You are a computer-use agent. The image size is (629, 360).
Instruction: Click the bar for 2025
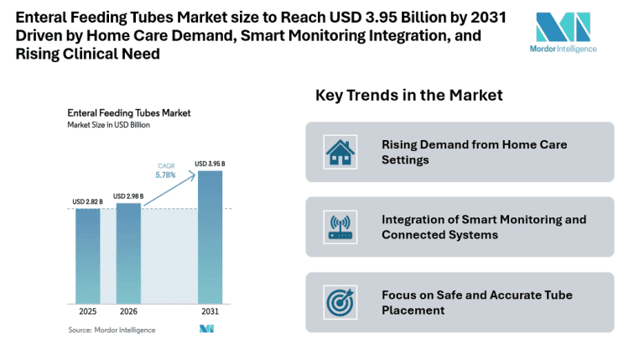88,255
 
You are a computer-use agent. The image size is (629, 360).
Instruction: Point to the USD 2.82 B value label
88,202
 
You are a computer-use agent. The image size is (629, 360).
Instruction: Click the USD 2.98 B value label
128,196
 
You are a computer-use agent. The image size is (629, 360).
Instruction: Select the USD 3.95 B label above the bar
210,164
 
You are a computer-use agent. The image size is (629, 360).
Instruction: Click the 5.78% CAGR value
166,175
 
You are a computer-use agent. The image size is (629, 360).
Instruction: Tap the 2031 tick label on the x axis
210,310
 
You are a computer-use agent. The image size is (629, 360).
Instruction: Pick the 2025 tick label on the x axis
88,310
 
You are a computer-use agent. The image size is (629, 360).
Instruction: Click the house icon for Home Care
340,152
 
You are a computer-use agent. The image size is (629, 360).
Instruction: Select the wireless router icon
340,227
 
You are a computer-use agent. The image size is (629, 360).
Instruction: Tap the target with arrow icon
340,302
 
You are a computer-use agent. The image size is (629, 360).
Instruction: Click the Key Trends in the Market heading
408,95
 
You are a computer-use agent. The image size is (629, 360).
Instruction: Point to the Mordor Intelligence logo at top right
566,32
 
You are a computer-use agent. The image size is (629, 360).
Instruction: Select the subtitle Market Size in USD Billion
109,125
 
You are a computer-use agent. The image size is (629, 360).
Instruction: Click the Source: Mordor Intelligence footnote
112,330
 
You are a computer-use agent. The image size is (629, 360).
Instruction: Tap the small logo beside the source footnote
206,329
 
